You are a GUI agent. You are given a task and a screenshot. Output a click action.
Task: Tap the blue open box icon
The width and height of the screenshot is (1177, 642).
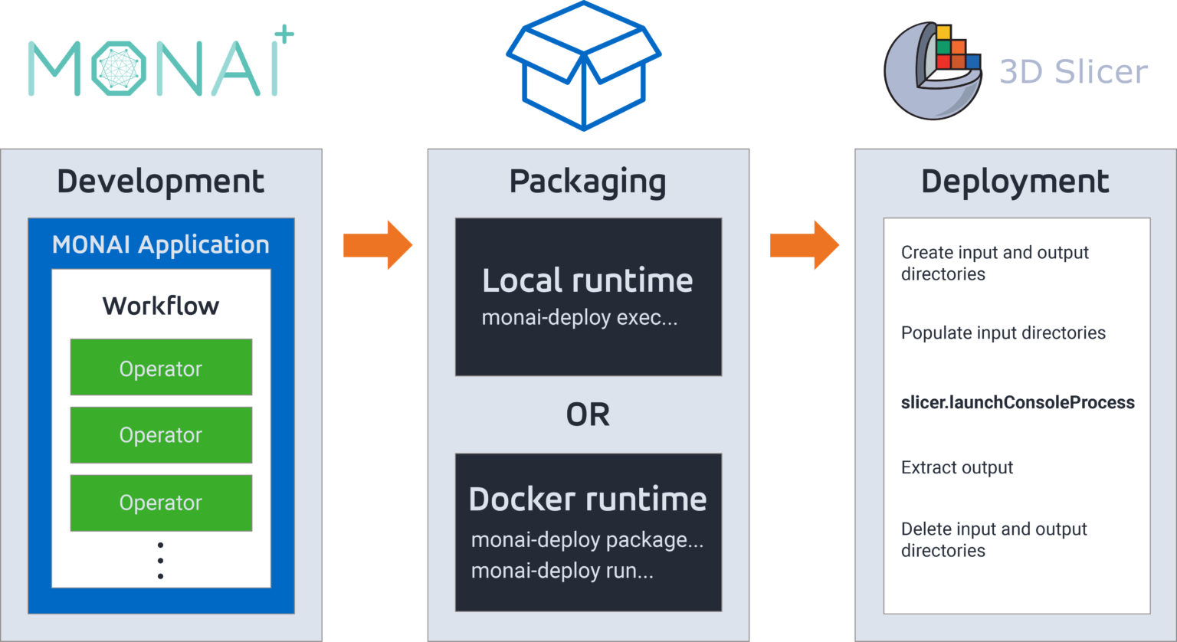(584, 67)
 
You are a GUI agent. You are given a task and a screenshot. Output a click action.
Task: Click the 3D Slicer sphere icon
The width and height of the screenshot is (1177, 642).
(933, 70)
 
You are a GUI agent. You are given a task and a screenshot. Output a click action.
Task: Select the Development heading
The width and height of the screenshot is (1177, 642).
(161, 182)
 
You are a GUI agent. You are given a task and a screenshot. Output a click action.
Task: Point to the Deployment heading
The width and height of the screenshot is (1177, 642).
(1015, 182)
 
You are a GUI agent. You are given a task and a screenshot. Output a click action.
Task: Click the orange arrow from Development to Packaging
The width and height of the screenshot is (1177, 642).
(377, 245)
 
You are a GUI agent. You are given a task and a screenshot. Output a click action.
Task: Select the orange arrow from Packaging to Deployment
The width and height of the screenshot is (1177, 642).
(804, 245)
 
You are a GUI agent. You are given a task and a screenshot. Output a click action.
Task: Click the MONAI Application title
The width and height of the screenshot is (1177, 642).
(161, 244)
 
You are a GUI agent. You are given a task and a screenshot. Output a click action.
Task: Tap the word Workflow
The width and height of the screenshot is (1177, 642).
(161, 306)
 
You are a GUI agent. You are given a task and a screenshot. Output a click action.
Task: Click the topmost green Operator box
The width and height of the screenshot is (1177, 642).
(161, 368)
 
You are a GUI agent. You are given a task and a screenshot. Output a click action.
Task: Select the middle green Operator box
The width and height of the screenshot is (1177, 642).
(161, 435)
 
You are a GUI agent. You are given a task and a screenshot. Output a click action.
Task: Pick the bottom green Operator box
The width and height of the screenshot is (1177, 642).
(161, 503)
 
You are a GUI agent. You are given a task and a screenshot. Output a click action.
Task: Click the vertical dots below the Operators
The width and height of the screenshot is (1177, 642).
(160, 561)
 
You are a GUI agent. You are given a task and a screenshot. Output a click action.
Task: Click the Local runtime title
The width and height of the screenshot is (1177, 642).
(588, 280)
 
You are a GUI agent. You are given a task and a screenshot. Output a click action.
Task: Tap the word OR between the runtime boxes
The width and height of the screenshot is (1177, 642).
(588, 414)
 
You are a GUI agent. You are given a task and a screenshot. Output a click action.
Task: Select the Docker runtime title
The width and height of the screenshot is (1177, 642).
(588, 500)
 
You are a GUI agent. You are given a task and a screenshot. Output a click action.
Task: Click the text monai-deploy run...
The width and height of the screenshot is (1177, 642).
(562, 571)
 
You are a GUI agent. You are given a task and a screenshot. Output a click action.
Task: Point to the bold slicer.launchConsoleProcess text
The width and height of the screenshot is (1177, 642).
(1018, 402)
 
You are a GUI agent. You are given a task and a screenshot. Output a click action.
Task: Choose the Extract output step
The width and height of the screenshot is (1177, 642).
(957, 467)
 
